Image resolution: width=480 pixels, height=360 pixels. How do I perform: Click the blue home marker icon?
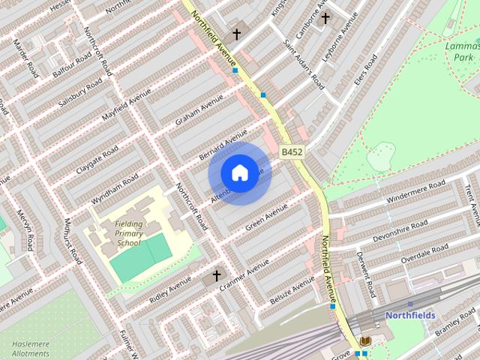point(239,172)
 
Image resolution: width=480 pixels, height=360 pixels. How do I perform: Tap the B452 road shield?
point(292,152)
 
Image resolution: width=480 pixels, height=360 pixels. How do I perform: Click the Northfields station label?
point(410,316)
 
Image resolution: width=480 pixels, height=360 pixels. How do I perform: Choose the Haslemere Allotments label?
point(30,348)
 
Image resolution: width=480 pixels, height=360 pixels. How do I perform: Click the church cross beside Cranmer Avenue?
point(217,276)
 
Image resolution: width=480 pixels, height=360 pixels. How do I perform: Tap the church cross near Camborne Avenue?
point(325,18)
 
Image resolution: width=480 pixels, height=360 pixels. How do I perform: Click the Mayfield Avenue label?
point(121,112)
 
